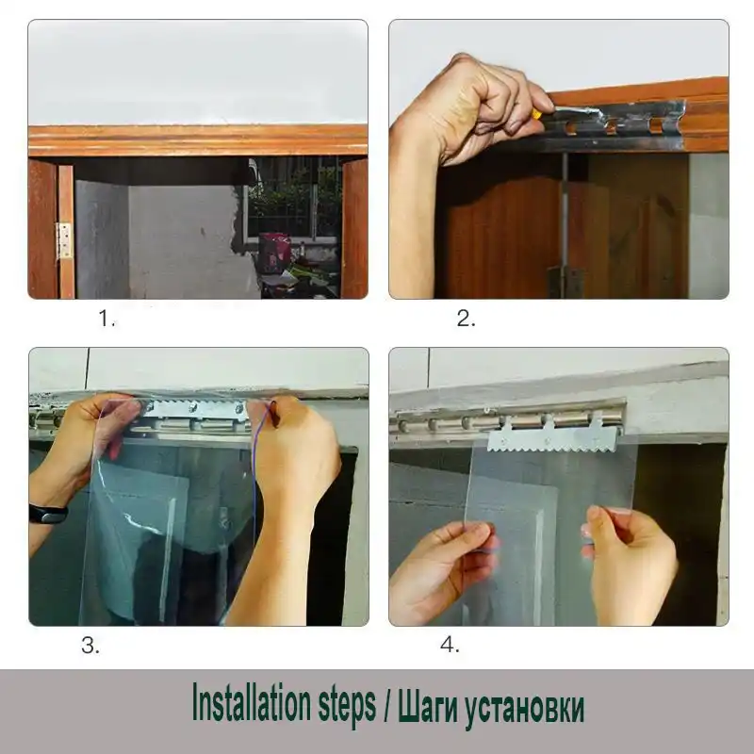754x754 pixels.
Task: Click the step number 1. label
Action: [107, 319]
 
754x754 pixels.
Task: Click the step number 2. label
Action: [467, 319]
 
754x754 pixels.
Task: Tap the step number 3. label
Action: [90, 646]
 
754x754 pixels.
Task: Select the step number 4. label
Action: [450, 646]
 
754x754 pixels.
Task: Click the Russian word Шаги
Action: [425, 706]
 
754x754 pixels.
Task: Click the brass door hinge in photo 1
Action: [64, 240]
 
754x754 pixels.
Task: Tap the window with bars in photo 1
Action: [292, 198]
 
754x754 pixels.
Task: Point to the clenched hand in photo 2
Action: [471, 108]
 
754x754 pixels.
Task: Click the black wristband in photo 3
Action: [47, 514]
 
